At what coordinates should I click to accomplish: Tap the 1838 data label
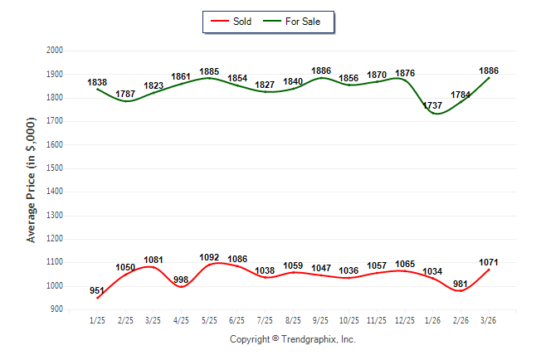(x=98, y=83)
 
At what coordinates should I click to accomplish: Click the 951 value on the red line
(x=98, y=290)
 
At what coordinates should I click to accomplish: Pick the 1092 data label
(x=209, y=257)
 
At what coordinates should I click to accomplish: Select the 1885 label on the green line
(x=209, y=71)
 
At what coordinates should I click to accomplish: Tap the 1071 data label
(x=489, y=263)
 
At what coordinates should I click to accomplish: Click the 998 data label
(x=182, y=280)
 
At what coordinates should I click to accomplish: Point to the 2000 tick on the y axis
(x=56, y=51)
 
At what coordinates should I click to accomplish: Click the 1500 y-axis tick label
(x=56, y=168)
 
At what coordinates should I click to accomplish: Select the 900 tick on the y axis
(x=58, y=309)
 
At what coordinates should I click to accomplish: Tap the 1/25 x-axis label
(x=98, y=320)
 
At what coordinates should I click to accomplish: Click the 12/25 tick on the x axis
(x=405, y=320)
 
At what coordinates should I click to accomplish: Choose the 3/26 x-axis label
(x=489, y=320)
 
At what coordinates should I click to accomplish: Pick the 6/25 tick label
(x=237, y=320)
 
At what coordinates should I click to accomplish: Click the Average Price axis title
(x=32, y=179)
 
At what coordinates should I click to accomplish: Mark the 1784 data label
(x=461, y=95)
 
